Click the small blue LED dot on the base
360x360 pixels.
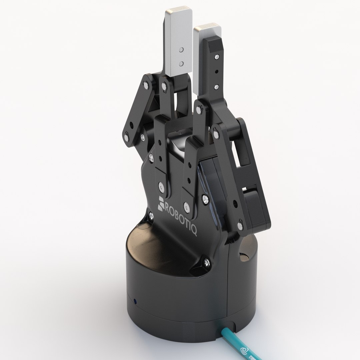click(135, 292)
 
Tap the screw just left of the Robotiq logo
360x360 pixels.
click(152, 216)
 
